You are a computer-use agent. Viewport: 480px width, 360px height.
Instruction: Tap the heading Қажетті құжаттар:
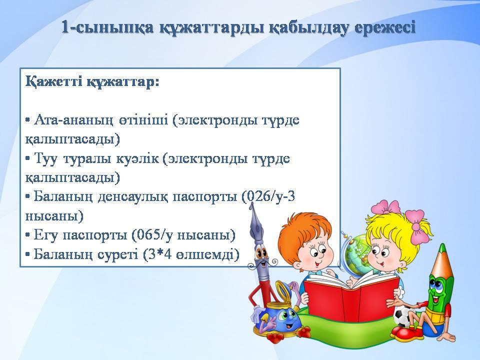coord(92,82)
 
